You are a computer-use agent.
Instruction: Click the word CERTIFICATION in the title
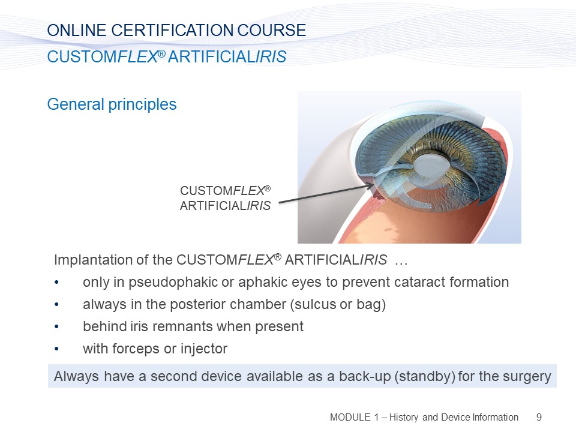[172, 31]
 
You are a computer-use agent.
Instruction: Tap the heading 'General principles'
[112, 104]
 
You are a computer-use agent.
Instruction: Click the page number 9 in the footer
[539, 418]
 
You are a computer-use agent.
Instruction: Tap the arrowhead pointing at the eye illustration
[370, 186]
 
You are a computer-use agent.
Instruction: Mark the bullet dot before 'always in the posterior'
[56, 305]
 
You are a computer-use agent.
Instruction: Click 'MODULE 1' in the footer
[354, 418]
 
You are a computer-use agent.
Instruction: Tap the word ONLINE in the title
[77, 31]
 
